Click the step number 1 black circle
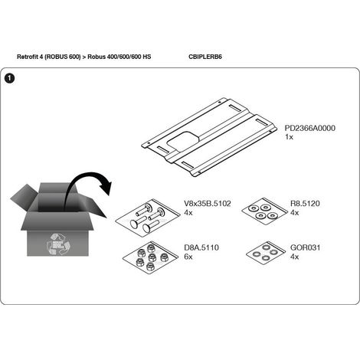[9, 78]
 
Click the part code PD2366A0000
[309, 128]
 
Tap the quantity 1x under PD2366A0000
[289, 137]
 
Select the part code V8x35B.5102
[208, 204]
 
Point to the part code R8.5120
[305, 204]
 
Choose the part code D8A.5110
[201, 247]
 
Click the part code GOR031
[305, 247]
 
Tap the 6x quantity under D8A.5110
[188, 257]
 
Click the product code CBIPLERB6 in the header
[205, 57]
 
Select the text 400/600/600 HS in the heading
[133, 57]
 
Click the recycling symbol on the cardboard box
[58, 244]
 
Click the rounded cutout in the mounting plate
[183, 141]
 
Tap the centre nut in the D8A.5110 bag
[152, 257]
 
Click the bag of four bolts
[147, 218]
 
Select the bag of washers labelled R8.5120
[264, 211]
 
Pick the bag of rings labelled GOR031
[266, 253]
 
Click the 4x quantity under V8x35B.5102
[188, 212]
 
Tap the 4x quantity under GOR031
[294, 257]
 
